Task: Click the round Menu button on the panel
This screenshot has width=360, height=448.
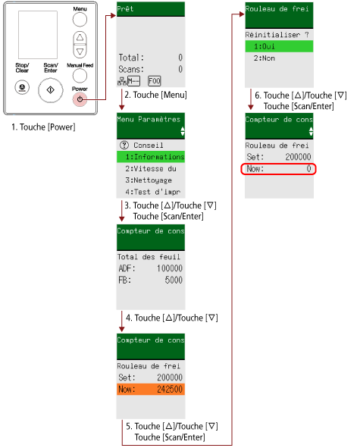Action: (x=80, y=20)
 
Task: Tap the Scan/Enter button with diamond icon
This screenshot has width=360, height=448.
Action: (x=51, y=90)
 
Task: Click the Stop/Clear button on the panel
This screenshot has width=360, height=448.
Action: (x=22, y=87)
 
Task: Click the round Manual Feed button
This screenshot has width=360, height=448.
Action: (x=80, y=76)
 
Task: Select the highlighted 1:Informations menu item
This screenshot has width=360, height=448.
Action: (x=151, y=157)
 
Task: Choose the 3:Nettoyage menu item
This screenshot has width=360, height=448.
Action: (x=149, y=180)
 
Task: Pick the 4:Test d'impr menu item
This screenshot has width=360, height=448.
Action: (x=153, y=192)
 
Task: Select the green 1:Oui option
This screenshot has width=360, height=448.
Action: (x=279, y=46)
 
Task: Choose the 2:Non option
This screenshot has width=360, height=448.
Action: (x=265, y=58)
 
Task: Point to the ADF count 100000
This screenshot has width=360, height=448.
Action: (x=170, y=268)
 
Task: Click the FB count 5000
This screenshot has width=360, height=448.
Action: (x=174, y=280)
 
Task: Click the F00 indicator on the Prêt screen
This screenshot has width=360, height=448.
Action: (x=155, y=81)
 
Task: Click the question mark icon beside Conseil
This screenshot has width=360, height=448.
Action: (x=124, y=145)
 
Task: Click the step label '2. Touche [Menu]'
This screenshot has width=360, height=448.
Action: (x=155, y=95)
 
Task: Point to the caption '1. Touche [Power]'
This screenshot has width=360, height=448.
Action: (x=43, y=127)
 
